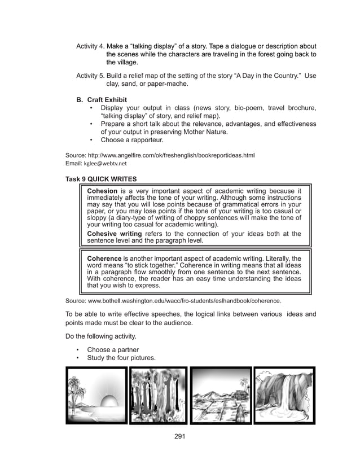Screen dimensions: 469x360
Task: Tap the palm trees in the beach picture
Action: (x=77, y=389)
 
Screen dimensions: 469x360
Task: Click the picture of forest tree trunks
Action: (x=158, y=396)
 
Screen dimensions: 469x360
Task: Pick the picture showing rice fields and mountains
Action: (x=221, y=396)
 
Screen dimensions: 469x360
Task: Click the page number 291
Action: (x=180, y=436)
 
